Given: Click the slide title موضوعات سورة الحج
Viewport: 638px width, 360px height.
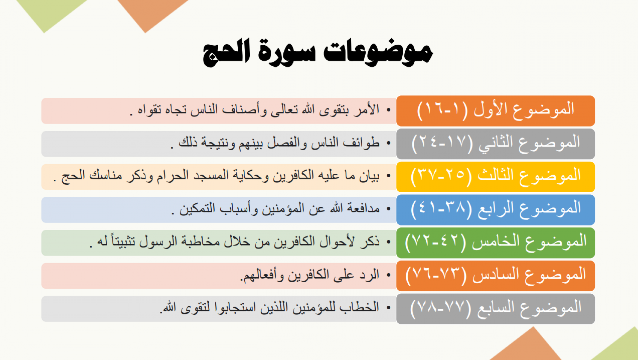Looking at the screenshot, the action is pyautogui.click(x=318, y=53).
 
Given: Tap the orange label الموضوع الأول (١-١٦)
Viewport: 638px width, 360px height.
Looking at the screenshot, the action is pyautogui.click(x=496, y=111).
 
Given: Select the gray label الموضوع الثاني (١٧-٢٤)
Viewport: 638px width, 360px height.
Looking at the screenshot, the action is pyautogui.click(x=496, y=144).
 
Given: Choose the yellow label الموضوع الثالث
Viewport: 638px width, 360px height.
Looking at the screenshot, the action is pyautogui.click(x=496, y=177).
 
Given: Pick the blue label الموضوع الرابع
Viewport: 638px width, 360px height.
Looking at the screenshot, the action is pyautogui.click(x=496, y=210).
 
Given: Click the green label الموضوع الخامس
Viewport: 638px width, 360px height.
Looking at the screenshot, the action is pyautogui.click(x=496, y=243).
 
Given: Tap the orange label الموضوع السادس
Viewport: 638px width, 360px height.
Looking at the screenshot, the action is pyautogui.click(x=496, y=276).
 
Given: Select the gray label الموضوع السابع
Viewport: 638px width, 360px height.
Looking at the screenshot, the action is pyautogui.click(x=496, y=309).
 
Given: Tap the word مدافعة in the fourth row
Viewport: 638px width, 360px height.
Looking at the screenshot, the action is pyautogui.click(x=363, y=208).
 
